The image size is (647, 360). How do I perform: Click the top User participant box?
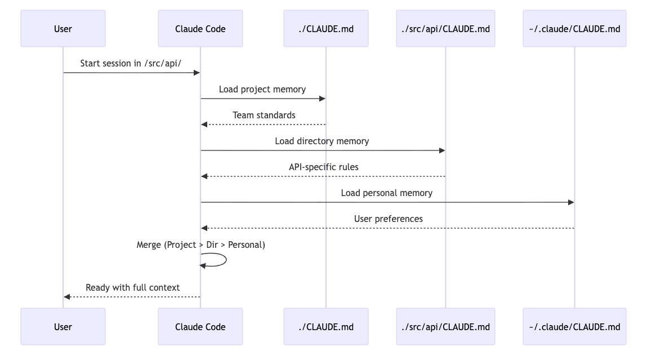point(63,28)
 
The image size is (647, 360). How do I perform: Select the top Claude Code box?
point(200,28)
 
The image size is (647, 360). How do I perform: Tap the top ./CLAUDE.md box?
point(326,28)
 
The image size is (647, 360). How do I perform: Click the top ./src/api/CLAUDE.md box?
point(445,28)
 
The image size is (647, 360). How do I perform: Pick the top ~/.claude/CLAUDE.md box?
point(574,28)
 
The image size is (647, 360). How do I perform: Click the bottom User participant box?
point(63,326)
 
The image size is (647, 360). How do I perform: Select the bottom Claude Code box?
point(200,326)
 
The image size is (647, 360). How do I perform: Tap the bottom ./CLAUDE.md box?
point(326,326)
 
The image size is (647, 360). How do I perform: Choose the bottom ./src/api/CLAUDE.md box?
point(445,326)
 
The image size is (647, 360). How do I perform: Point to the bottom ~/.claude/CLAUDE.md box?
point(574,326)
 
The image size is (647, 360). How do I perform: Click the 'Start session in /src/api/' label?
point(131,63)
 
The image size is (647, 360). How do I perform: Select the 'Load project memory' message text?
point(262,89)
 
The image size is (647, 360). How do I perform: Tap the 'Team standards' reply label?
point(264,115)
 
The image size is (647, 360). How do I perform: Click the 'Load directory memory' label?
point(322,141)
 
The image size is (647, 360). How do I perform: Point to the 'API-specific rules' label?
point(324,167)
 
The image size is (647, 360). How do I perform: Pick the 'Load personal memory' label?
point(387,193)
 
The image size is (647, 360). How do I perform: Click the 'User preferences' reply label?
point(389,219)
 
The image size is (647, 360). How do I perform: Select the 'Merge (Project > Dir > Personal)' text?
point(200,245)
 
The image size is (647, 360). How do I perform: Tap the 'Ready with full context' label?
point(133,287)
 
